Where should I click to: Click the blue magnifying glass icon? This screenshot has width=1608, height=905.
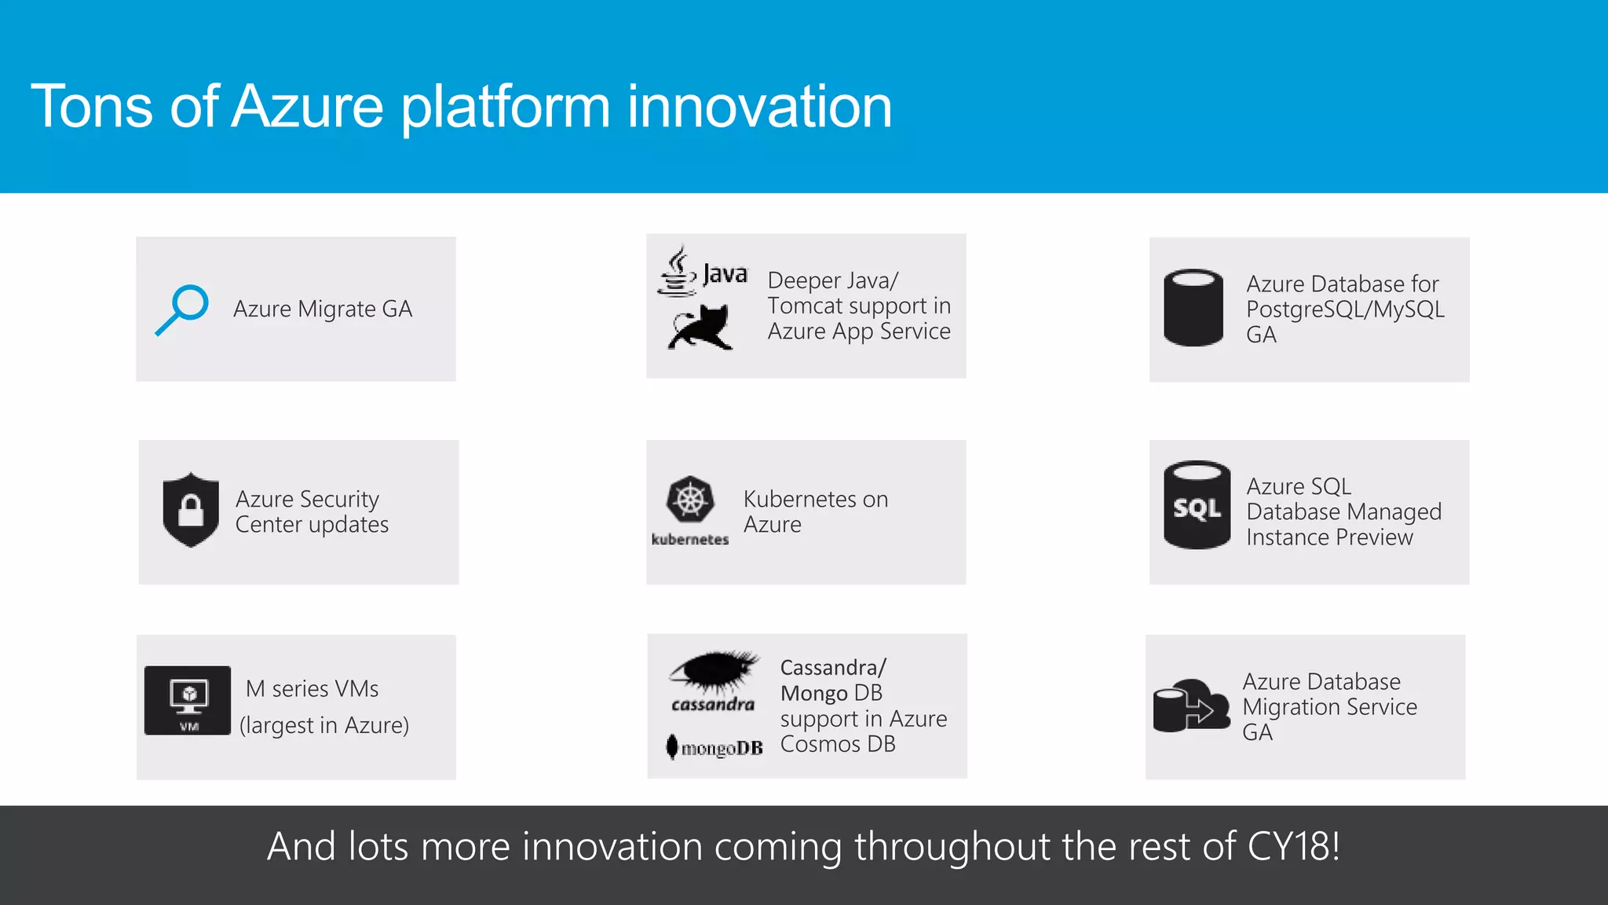click(182, 310)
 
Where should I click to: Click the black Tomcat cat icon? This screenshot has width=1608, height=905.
click(700, 328)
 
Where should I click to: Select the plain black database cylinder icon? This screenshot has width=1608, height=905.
click(1193, 308)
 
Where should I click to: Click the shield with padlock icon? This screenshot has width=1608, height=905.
click(191, 510)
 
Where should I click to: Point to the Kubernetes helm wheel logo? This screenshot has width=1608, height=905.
click(690, 500)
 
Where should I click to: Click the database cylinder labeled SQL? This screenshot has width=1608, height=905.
click(1197, 505)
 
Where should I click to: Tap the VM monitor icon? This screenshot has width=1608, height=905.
click(188, 700)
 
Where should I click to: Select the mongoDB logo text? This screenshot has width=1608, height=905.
click(721, 748)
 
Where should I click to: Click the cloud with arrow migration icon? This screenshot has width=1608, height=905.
click(1191, 706)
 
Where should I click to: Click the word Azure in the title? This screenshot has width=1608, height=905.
click(308, 107)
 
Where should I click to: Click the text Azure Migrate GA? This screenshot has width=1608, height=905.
click(322, 310)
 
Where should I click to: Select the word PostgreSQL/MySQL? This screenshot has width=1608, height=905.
click(1344, 310)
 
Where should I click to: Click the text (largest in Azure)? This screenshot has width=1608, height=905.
click(324, 725)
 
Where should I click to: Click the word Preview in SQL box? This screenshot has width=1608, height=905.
click(1373, 537)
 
